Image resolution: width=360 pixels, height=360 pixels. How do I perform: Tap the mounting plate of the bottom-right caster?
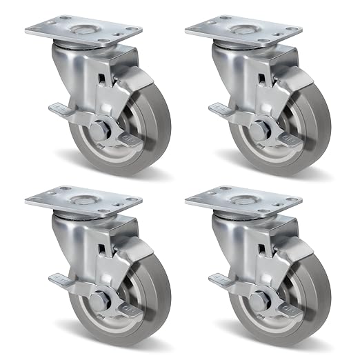pyautogui.click(x=243, y=201)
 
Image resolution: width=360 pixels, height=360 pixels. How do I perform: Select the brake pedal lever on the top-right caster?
pyautogui.click(x=219, y=108)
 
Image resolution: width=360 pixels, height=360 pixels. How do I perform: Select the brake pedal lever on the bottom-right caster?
pyautogui.click(x=219, y=279)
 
